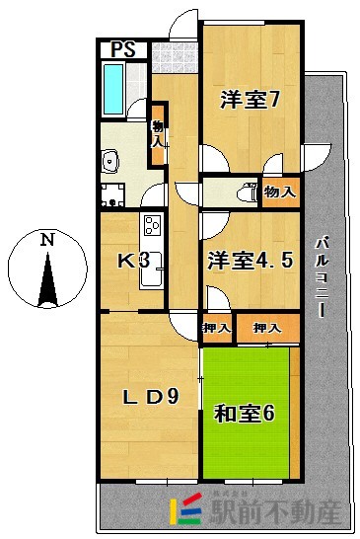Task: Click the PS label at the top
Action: (x=124, y=49)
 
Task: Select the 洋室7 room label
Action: (x=251, y=100)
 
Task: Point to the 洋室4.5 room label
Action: (x=250, y=261)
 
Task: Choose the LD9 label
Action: (x=149, y=397)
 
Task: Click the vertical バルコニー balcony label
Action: (x=322, y=277)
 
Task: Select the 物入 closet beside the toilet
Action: (x=279, y=192)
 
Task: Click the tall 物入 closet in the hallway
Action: (x=158, y=132)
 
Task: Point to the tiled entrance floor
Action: (x=174, y=55)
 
